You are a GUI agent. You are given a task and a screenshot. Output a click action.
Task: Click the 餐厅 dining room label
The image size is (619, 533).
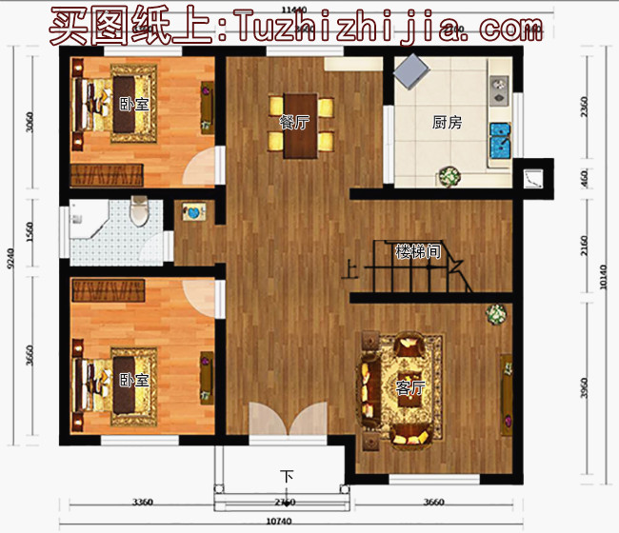pyautogui.click(x=294, y=121)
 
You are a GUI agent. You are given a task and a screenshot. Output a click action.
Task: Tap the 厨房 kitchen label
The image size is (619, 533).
pyautogui.click(x=447, y=122)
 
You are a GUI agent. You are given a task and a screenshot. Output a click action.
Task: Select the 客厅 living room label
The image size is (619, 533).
pyautogui.click(x=410, y=388)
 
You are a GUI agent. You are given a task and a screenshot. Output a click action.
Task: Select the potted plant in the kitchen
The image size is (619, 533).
pyautogui.click(x=449, y=177)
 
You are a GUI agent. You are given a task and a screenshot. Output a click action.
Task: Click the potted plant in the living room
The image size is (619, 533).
pyautogui.click(x=494, y=314)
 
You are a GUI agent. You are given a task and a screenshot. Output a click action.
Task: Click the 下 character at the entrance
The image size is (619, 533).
pyautogui.click(x=287, y=475)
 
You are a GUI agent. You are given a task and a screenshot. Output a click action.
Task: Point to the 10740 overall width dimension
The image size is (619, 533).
pyautogui.click(x=278, y=522)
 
